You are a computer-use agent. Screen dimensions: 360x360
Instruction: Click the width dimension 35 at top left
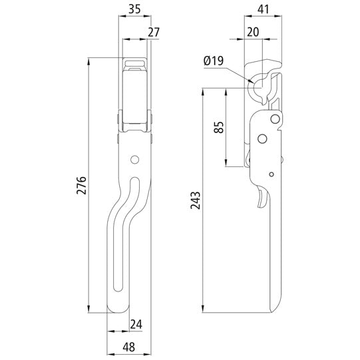point(134,9)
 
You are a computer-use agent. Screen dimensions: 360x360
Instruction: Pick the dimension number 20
point(252,31)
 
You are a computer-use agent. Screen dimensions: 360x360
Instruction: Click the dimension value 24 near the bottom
point(136,324)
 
